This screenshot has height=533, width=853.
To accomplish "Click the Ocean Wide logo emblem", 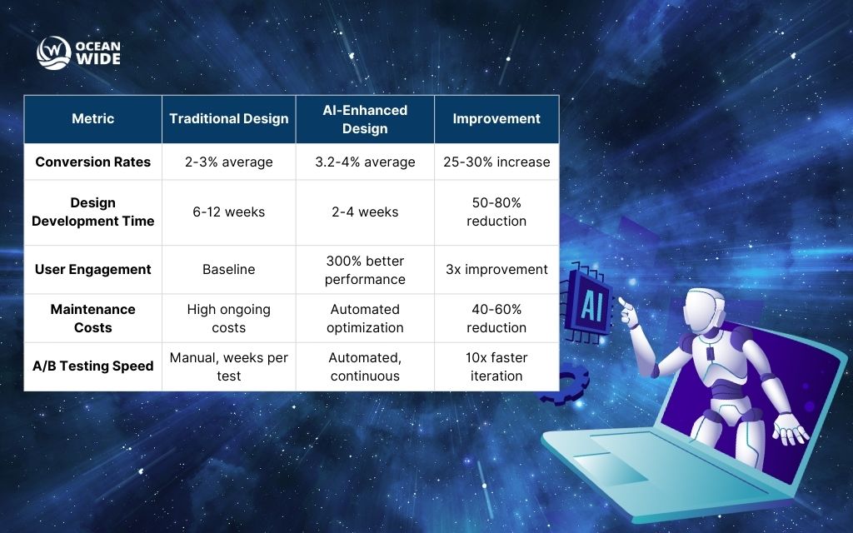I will point(53,52).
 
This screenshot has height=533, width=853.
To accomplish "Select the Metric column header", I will point(93,119).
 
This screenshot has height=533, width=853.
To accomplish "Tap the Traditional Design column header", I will point(229,119).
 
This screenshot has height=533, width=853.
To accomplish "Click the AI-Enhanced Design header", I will point(365,119).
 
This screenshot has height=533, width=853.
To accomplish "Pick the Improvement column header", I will point(496,119).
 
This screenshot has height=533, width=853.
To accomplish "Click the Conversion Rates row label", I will point(93,162).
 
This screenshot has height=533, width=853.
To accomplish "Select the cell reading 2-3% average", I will point(229,162).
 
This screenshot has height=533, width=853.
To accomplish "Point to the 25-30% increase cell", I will point(496,162).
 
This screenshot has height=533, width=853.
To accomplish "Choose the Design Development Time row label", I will point(93,212).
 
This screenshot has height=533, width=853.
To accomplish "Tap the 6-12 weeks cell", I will point(229,212).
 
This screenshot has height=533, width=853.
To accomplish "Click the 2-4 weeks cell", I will point(365,212).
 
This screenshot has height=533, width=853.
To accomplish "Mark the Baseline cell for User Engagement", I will point(229,269).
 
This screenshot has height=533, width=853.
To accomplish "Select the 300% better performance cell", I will point(365,270).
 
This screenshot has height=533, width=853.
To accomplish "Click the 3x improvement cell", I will point(496,269).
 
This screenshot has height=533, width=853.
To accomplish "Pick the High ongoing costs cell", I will point(229,318).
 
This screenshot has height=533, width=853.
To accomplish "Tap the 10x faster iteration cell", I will point(496,366).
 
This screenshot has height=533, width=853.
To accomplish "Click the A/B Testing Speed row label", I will point(93,366).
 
